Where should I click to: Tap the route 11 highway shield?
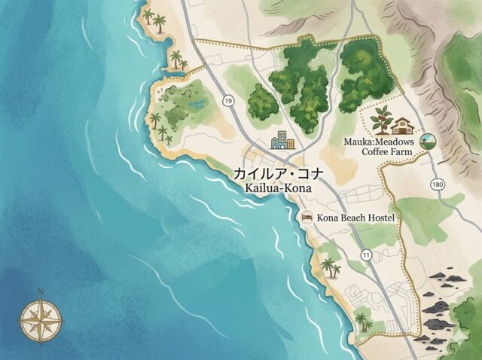pyautogui.click(x=366, y=256)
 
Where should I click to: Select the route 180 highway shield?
pyautogui.click(x=438, y=184)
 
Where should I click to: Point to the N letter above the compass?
pyautogui.click(x=41, y=291)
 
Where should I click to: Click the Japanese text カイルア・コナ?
pyautogui.click(x=279, y=173)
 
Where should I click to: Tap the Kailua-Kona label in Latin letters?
pyautogui.click(x=279, y=187)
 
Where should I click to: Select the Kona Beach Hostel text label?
pyautogui.click(x=356, y=218)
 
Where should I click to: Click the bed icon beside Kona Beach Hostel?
pyautogui.click(x=307, y=217)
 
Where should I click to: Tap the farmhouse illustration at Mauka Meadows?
pyautogui.click(x=404, y=124)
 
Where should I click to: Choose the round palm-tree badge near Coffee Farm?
pyautogui.click(x=429, y=141)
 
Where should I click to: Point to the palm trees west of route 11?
pyautogui.click(x=331, y=267)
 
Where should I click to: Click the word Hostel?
pyautogui.click(x=379, y=218)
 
